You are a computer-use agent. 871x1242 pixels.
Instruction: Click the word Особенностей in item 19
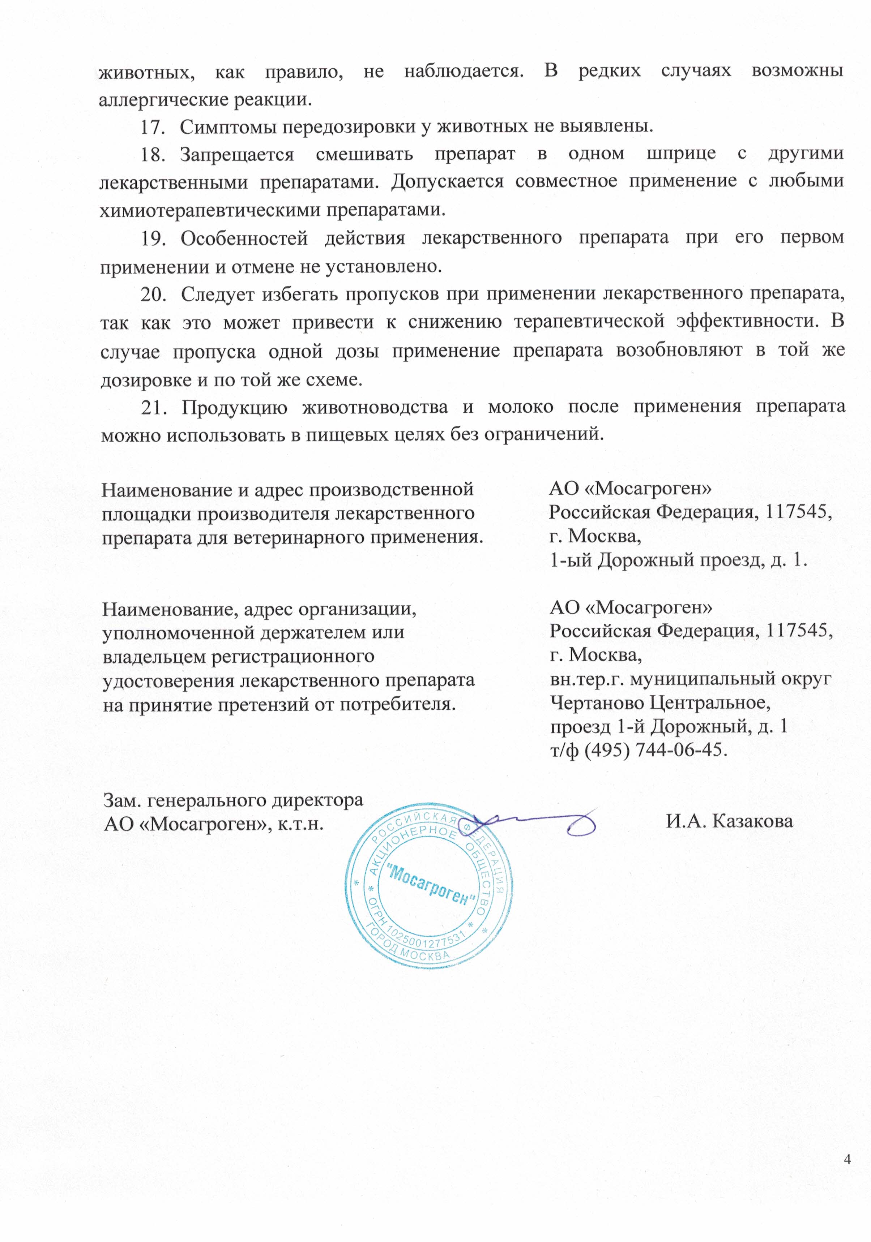tap(244, 238)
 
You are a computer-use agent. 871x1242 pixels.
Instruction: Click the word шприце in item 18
tap(680, 155)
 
